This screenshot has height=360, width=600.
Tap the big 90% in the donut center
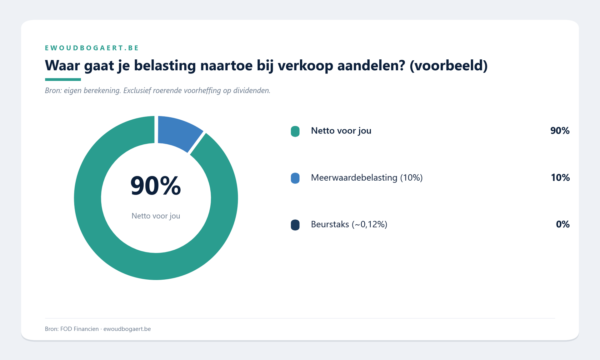click(x=156, y=186)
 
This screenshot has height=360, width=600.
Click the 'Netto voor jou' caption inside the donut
click(x=156, y=216)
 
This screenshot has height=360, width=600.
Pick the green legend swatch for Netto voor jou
click(x=295, y=131)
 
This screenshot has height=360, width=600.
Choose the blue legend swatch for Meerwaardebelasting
click(x=295, y=178)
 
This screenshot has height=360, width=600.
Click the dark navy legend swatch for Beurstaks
click(x=295, y=225)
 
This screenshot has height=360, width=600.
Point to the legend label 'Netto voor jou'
click(x=341, y=131)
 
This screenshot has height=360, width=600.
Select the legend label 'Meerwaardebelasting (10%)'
click(x=367, y=177)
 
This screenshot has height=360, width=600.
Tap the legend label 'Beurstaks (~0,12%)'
click(x=349, y=224)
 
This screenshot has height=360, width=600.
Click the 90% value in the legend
click(x=560, y=131)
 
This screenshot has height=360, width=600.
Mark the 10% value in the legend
click(x=560, y=177)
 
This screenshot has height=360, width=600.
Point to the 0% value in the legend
click(x=562, y=224)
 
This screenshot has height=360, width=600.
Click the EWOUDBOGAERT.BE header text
click(x=92, y=48)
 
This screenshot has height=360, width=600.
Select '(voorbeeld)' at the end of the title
click(x=448, y=66)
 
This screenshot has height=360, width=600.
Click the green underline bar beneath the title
click(x=63, y=80)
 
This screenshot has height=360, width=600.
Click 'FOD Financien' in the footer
click(x=79, y=329)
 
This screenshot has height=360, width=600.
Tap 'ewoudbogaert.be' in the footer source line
click(x=127, y=329)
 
